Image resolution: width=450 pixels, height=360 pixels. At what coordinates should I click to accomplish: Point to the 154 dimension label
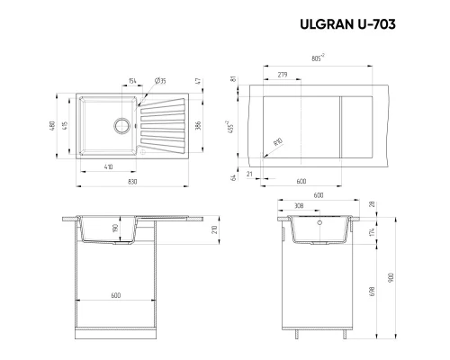pyautogui.click(x=131, y=81)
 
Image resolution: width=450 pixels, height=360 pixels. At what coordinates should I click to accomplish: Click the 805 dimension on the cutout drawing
pyautogui.click(x=317, y=59)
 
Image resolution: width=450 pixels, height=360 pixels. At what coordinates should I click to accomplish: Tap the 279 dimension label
pyautogui.click(x=283, y=74)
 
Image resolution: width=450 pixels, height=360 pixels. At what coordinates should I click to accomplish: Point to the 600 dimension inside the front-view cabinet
pyautogui.click(x=115, y=295)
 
